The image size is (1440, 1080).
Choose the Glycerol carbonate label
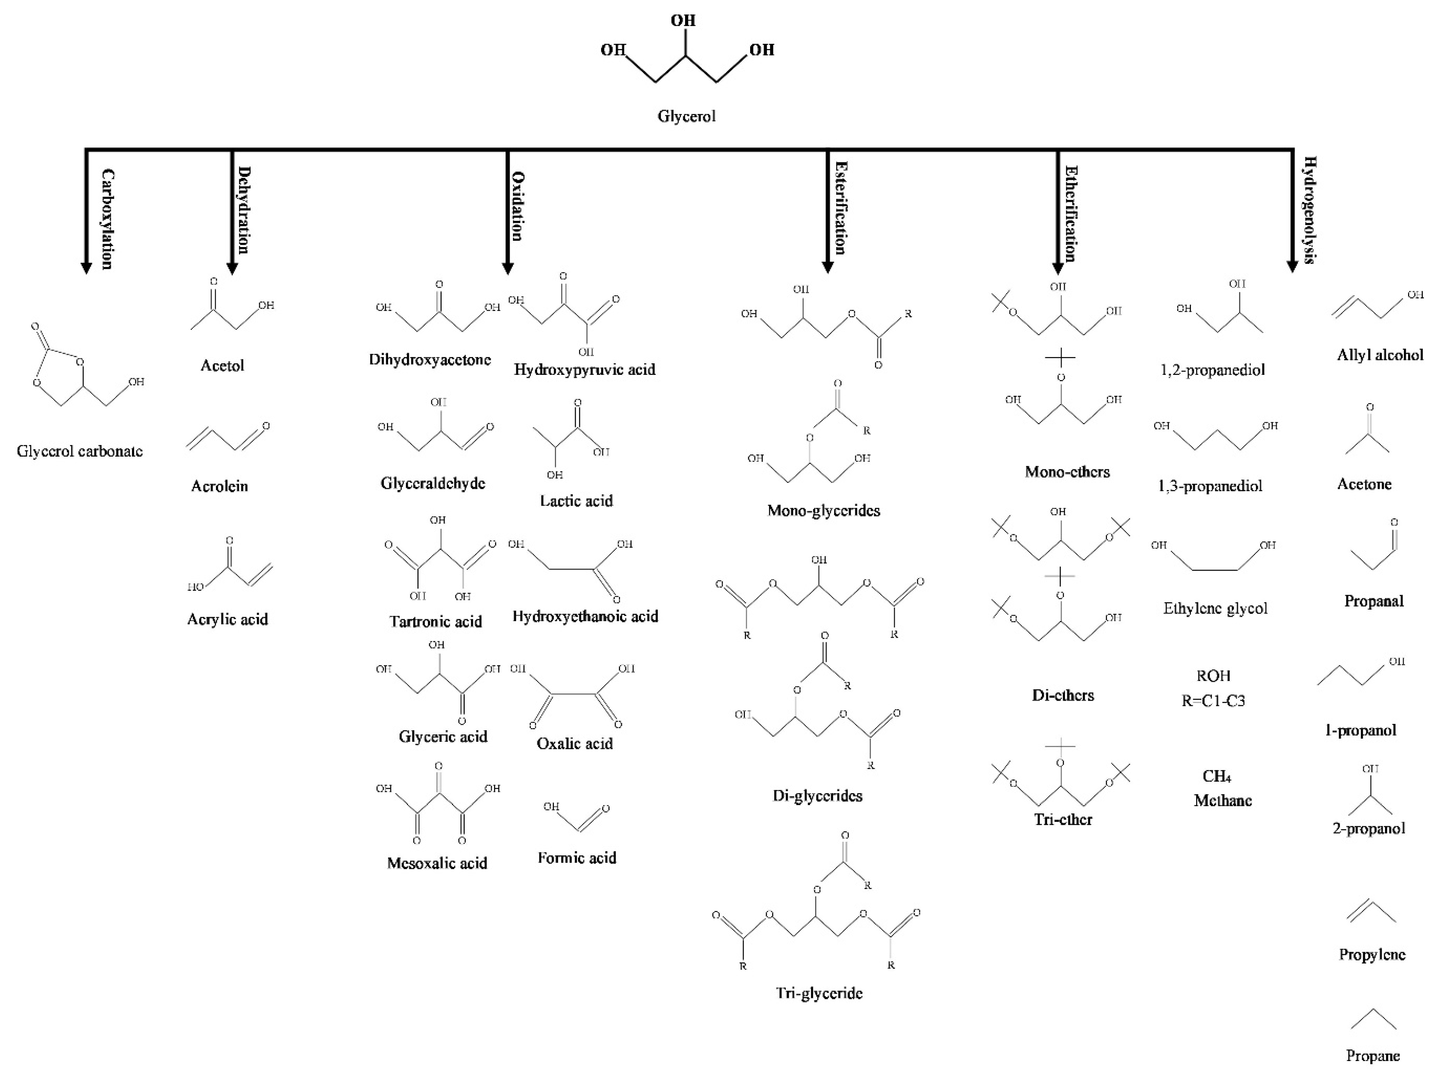coord(80,451)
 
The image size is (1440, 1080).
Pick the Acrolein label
coord(219,486)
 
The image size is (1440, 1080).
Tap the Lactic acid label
coord(576,501)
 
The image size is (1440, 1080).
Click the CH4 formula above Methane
coord(1217,776)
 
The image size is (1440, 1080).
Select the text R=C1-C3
coord(1214,701)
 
